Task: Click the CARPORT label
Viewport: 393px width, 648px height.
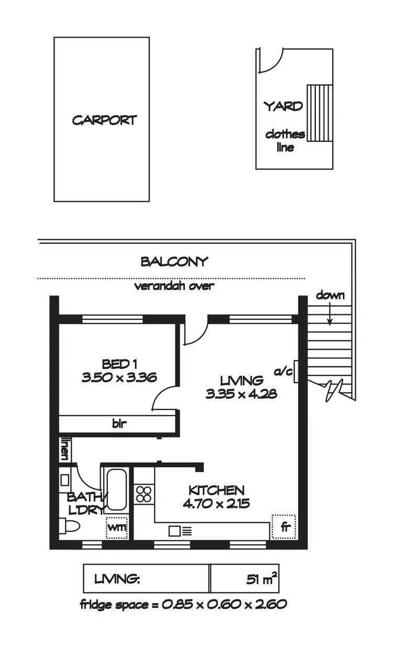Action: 104,120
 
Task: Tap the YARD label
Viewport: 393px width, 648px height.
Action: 283,106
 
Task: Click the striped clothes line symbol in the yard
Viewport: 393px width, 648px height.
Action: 319,113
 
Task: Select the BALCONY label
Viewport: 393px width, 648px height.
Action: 174,262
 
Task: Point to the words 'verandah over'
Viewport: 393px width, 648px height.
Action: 174,286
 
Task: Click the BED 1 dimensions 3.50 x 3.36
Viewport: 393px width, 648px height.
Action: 119,377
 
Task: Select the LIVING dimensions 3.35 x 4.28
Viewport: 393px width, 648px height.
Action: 242,394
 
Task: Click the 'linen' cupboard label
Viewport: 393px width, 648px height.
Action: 65,450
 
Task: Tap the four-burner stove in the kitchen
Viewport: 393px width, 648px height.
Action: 144,495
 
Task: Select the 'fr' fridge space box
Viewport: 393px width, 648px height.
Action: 284,527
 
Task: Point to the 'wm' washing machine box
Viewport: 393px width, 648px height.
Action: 117,527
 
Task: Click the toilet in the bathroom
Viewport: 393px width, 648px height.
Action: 69,525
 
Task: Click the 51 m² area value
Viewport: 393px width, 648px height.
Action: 262,579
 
